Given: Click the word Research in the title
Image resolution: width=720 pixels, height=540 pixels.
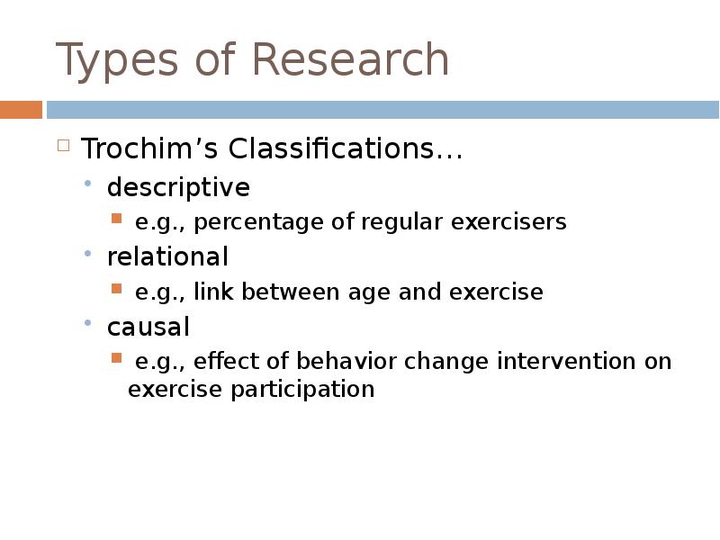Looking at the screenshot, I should tap(350, 60).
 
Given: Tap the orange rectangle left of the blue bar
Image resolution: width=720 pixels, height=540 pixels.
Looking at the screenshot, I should tap(21, 110).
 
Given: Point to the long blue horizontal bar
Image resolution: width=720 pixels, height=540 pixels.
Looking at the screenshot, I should tap(382, 110).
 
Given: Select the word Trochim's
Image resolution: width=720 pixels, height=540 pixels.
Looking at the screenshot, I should tap(149, 148).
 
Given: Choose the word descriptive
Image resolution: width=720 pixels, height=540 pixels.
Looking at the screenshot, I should tap(178, 188).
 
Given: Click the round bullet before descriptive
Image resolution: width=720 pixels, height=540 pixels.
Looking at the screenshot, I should tap(88, 184).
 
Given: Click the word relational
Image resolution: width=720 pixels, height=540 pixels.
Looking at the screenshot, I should tap(167, 257).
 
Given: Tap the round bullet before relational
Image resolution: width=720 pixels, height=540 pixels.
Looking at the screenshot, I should tap(88, 254).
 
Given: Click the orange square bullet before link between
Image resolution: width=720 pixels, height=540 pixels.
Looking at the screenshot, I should tap(116, 288).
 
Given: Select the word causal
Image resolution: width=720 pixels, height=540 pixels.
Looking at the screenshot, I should tap(148, 327).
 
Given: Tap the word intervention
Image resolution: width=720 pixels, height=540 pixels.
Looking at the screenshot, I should tap(566, 362).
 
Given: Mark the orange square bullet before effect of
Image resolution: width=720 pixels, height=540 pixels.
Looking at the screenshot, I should tap(116, 357).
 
